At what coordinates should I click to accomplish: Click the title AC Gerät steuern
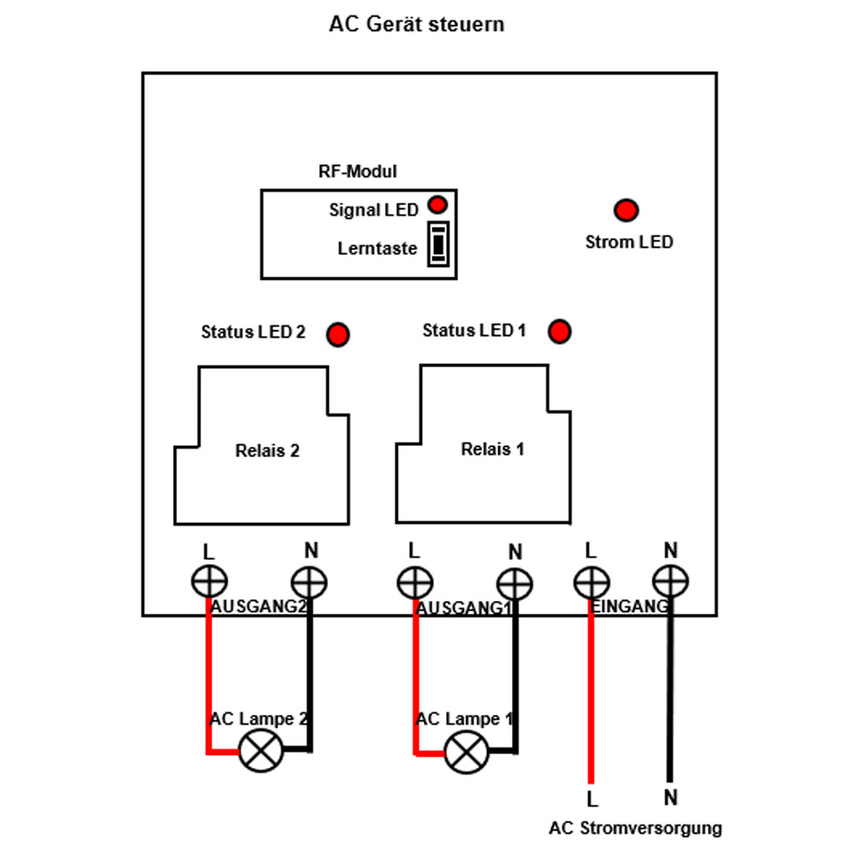417,25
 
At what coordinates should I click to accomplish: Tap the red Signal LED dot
437,205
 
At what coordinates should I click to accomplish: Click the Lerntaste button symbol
438,244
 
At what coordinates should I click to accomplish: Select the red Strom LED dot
627,211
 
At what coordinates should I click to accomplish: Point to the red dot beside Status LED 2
338,335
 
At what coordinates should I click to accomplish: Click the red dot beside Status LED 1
560,331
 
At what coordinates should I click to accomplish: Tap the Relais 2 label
267,450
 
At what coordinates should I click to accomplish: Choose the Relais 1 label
492,449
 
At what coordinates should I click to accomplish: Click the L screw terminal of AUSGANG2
210,581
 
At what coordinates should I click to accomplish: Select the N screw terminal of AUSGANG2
309,582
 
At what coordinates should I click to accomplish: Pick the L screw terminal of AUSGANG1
415,582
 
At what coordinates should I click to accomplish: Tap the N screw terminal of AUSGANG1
514,584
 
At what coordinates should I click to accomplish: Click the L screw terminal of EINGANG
591,582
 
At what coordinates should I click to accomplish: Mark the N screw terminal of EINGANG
670,581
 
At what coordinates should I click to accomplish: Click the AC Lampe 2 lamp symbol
261,751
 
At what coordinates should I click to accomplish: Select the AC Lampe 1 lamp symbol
467,752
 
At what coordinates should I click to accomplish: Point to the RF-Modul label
358,171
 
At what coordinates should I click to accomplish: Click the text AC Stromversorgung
635,828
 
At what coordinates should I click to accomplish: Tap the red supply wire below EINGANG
591,691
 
